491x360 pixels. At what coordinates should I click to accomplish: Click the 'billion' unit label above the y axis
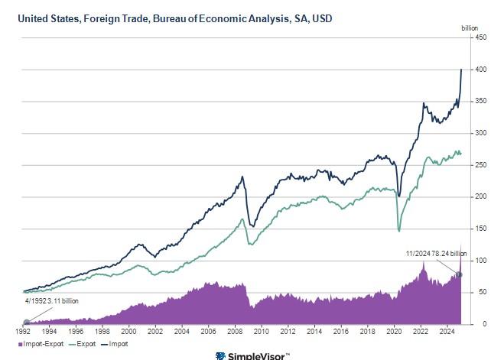[470, 28]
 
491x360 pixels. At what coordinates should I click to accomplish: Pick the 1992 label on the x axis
[24, 332]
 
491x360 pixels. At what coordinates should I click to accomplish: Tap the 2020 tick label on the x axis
[395, 332]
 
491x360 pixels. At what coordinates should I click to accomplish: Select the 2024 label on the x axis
[448, 332]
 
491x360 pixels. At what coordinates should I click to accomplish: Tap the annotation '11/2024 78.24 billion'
[436, 253]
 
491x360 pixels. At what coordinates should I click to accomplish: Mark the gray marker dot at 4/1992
[26, 322]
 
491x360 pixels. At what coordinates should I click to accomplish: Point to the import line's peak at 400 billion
[461, 70]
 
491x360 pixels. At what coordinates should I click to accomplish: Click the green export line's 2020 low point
[398, 230]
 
